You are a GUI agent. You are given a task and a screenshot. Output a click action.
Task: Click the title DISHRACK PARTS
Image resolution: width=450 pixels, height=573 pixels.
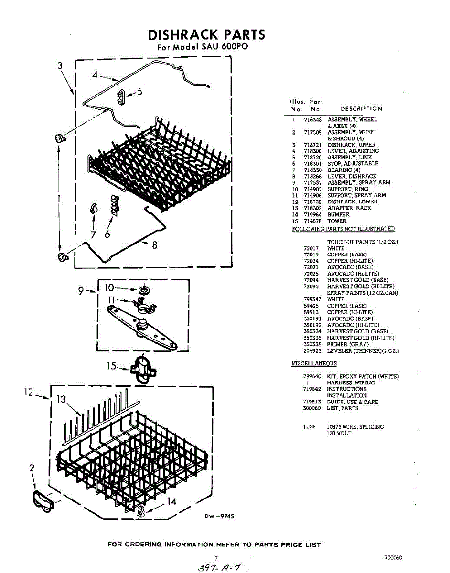point(206,35)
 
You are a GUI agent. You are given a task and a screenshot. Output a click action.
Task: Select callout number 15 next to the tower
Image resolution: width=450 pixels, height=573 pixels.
point(111,366)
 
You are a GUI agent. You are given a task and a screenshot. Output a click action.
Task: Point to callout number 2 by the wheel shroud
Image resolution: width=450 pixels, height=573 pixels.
point(32,468)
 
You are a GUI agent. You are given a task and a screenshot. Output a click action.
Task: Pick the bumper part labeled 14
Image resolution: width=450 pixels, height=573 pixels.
point(140,511)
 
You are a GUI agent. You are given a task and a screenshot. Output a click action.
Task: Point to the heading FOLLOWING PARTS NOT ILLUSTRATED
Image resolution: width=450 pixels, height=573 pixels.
point(343,229)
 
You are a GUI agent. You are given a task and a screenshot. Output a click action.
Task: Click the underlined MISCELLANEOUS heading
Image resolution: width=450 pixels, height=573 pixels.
point(314,364)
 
